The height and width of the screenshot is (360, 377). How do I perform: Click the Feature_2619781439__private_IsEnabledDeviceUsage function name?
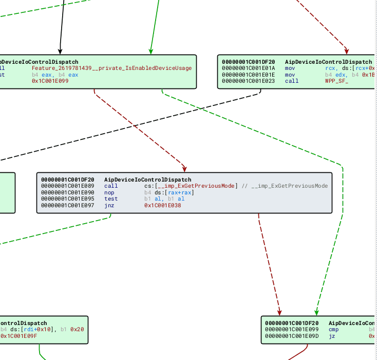[111, 68]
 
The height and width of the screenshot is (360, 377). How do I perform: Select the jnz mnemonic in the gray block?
[109, 205]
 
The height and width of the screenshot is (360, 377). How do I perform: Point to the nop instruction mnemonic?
[109, 192]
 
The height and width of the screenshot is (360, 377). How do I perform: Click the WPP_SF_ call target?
[336, 81]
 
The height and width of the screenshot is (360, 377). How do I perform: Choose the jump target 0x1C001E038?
[162, 205]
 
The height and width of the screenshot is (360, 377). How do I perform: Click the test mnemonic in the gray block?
[110, 199]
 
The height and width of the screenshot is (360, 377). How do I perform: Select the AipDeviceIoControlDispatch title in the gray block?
[141, 179]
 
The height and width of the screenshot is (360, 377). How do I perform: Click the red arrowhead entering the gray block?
[184, 169]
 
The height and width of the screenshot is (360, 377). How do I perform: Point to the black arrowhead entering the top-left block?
[60, 51]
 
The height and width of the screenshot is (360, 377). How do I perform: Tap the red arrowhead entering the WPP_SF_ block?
[347, 51]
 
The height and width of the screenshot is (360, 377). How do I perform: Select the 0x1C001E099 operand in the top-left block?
[50, 81]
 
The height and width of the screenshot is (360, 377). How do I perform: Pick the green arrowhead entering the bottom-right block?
[317, 313]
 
